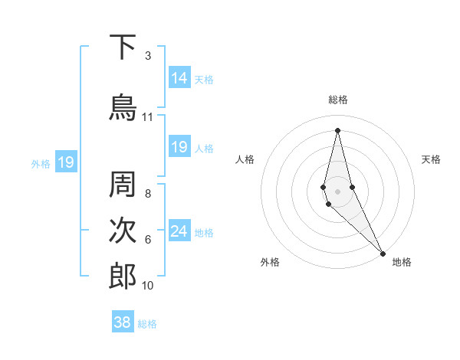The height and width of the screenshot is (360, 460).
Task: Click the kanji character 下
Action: [x=123, y=47]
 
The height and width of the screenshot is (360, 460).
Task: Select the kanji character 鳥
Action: [x=123, y=106]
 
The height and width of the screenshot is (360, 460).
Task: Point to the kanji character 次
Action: [x=123, y=232]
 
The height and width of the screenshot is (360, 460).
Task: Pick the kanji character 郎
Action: [x=123, y=277]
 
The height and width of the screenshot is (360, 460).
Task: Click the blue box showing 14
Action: [x=179, y=78]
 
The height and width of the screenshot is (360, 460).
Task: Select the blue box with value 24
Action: [x=179, y=231]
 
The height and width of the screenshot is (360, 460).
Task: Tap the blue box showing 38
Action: [x=123, y=322]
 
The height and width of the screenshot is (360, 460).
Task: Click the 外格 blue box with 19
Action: [x=65, y=162]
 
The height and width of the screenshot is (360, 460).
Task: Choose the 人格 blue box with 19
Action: [x=179, y=147]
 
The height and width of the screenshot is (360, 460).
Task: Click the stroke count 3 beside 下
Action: [x=148, y=56]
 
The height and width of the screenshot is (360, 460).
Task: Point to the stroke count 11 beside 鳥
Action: [x=148, y=117]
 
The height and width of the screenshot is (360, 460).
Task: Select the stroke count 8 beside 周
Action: [x=148, y=194]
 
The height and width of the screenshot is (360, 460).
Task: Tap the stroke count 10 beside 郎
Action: [x=148, y=286]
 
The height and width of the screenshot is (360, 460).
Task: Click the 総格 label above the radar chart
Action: [x=338, y=100]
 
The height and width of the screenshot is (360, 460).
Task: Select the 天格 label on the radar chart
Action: [x=432, y=159]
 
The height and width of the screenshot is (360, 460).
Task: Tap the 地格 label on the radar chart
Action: [x=402, y=262]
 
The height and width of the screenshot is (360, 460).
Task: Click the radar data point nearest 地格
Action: [x=383, y=253]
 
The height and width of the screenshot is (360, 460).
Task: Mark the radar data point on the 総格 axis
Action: [x=338, y=129]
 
